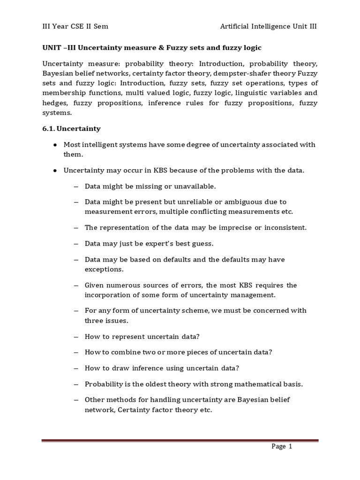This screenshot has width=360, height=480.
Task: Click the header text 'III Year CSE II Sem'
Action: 75,26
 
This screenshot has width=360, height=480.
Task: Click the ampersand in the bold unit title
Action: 162,48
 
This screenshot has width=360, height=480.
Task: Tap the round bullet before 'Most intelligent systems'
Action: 55,145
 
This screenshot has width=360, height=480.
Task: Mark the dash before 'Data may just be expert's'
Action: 76,244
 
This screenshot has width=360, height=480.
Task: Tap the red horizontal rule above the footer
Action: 180,441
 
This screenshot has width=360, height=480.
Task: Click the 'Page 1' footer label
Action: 282,447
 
